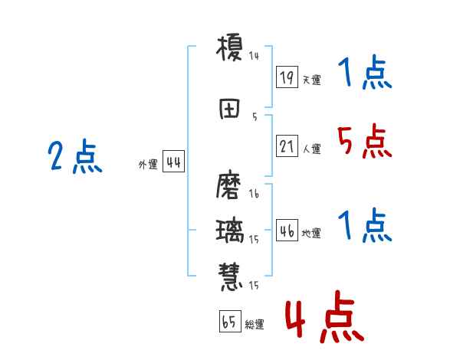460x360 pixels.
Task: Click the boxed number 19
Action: (287, 77)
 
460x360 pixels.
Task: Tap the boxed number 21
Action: (287, 147)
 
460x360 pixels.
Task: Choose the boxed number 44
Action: (173, 163)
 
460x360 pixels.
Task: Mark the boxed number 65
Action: (228, 322)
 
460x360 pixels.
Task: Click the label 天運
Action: (311, 79)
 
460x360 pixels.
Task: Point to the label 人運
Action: (311, 149)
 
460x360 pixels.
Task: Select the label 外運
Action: (147, 165)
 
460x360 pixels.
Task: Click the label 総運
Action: (255, 324)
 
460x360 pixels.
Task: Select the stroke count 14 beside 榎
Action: (254, 56)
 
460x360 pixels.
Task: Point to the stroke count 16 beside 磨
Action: (254, 195)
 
